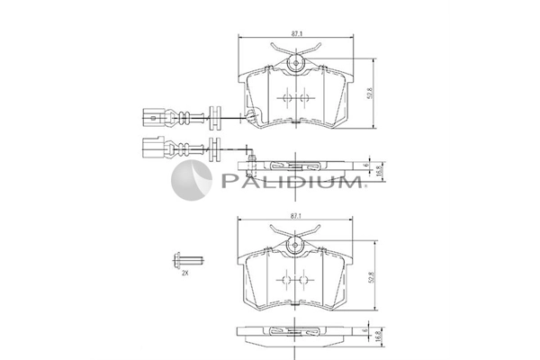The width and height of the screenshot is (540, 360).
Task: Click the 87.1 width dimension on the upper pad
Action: (296, 33)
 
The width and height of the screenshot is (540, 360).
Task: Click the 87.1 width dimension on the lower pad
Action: (296, 216)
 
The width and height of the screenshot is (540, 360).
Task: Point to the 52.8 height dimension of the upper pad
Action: (370, 94)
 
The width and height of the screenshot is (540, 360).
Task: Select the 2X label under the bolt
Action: (185, 274)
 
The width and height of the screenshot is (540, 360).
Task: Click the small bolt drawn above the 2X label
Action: (188, 260)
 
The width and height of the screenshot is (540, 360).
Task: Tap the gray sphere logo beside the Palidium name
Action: (192, 180)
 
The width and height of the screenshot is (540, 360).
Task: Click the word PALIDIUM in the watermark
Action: (292, 181)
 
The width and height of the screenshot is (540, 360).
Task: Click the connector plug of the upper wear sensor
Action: (154, 118)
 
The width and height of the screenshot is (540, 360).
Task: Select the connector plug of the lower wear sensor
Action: (153, 148)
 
